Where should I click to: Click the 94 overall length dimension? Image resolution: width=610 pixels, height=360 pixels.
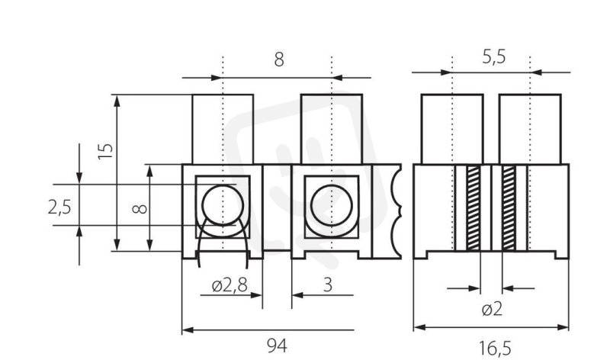tap(277, 346)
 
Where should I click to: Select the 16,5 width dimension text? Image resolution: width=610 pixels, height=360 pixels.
tap(494, 348)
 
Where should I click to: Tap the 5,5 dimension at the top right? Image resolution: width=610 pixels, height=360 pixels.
tap(493, 56)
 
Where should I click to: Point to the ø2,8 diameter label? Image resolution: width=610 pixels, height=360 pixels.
tap(230, 285)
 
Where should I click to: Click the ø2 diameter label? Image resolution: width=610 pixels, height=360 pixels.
tap(492, 310)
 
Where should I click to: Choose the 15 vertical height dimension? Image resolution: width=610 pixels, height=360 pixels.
tap(105, 151)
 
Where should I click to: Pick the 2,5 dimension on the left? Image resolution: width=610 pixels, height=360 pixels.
tap(59, 207)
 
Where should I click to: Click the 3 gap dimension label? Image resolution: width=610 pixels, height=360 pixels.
tap(328, 285)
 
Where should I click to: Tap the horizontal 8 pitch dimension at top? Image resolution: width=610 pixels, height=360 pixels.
tap(279, 60)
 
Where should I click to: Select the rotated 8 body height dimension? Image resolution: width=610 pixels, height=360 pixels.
tap(140, 209)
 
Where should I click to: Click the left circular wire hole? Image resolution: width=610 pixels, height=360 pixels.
tap(223, 205)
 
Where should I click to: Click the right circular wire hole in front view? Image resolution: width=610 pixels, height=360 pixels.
tap(332, 205)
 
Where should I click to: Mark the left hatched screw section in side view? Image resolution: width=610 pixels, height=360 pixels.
tap(474, 207)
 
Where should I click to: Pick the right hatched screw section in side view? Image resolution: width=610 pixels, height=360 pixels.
tap(509, 207)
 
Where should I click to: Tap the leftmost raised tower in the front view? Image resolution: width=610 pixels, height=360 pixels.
tap(223, 129)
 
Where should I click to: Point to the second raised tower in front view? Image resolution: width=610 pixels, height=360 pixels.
tap(332, 129)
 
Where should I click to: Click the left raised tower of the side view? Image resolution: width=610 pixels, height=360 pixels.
tap(452, 129)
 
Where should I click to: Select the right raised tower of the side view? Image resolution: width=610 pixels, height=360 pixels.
tap(530, 129)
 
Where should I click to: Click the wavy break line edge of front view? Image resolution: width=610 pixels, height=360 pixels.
tap(397, 211)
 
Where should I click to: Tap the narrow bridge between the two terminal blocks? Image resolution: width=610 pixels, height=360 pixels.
tap(277, 207)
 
